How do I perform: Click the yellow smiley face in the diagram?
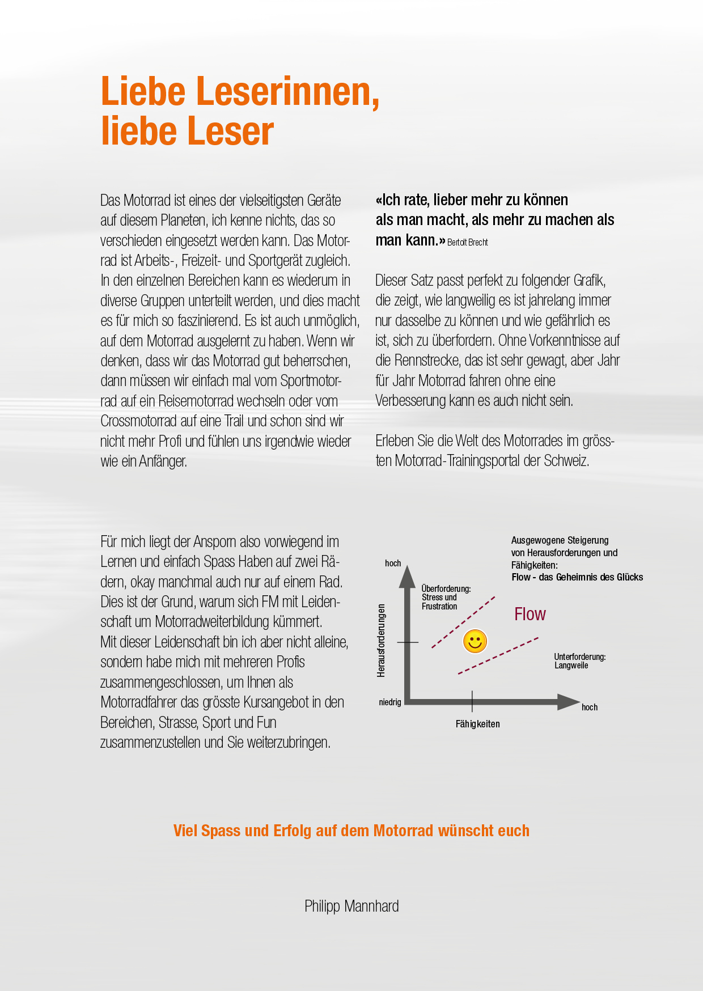click(x=475, y=641)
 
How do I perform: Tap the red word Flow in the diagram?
click(x=530, y=614)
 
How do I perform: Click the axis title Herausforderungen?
click(x=381, y=640)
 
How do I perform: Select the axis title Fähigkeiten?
click(x=477, y=724)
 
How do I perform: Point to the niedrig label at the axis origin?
click(x=390, y=702)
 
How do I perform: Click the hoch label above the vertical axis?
click(x=393, y=563)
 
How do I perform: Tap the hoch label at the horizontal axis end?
click(x=590, y=707)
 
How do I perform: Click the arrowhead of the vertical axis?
click(x=407, y=577)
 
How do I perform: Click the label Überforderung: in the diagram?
click(x=446, y=588)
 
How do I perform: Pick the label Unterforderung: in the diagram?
click(x=580, y=657)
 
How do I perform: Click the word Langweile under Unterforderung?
click(x=571, y=666)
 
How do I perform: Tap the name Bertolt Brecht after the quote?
click(x=468, y=242)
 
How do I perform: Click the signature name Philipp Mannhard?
click(x=351, y=906)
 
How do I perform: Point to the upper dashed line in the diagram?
click(x=463, y=622)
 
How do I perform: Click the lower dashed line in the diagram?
click(x=498, y=656)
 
